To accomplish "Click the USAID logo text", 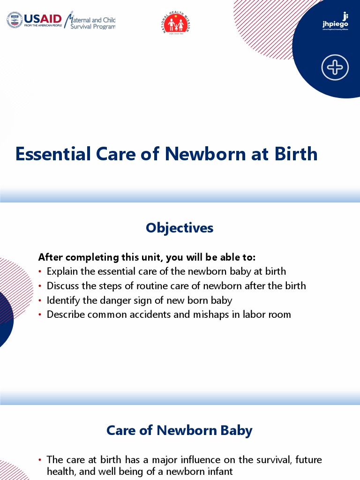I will point(43,19).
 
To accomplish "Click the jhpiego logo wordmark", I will point(336,23).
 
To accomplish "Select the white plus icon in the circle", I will point(335,67).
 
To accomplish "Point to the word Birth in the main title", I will point(296,154).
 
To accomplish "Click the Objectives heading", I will point(180,228).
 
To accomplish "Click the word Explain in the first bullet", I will point(63,271).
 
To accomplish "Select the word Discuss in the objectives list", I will point(64,285).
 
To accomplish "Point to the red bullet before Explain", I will point(40,272).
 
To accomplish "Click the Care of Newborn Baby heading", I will point(180,430).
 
